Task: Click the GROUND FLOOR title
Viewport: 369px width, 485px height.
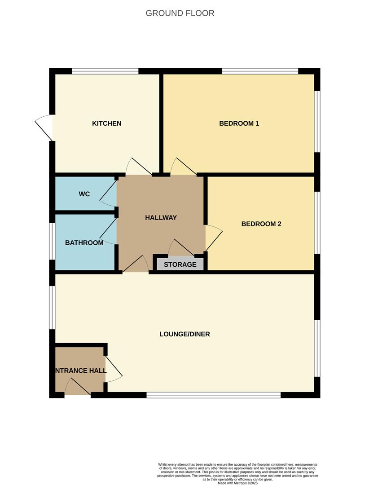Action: (x=180, y=13)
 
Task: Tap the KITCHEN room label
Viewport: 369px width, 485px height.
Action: (x=107, y=123)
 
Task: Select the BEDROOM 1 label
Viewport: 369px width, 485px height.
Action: (x=239, y=123)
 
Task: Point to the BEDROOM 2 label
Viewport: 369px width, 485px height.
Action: (x=261, y=224)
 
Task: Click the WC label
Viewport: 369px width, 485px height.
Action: (x=84, y=194)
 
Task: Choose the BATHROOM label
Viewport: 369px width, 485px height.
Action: (x=84, y=243)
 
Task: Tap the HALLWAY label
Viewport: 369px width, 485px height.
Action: (x=161, y=218)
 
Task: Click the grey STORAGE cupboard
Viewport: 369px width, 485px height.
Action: (x=180, y=265)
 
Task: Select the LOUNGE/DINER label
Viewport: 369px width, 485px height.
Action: (x=184, y=334)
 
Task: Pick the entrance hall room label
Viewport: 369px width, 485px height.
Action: (x=81, y=371)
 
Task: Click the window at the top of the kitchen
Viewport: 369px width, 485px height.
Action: (x=105, y=71)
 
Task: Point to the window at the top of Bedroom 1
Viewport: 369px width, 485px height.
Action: (x=260, y=71)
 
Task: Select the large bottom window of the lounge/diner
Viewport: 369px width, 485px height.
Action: (x=214, y=395)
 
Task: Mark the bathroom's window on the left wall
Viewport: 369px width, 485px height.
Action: (x=52, y=241)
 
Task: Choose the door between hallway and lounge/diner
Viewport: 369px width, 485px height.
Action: (x=136, y=265)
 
